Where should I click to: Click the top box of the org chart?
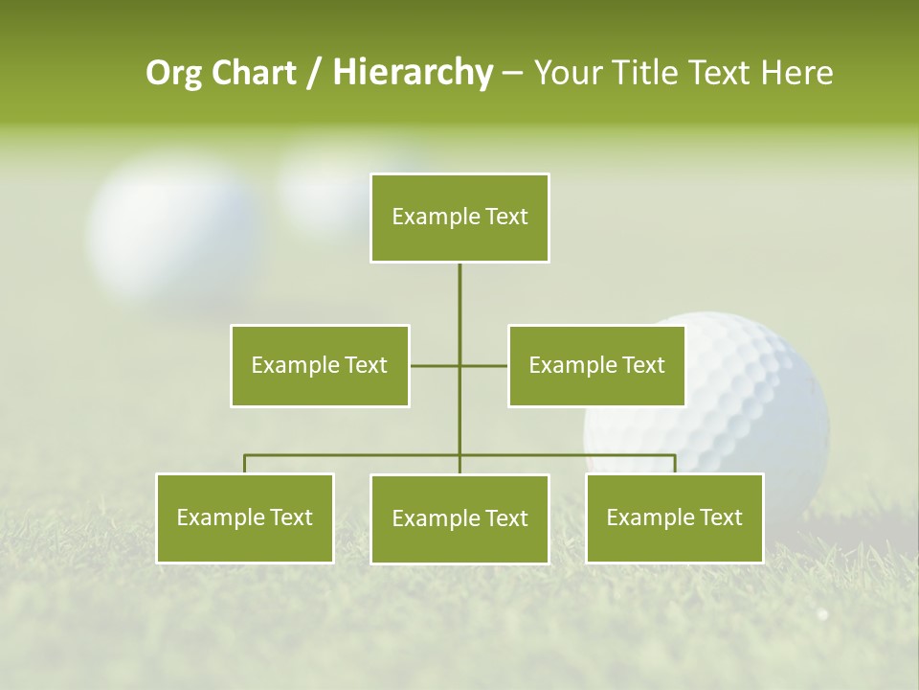pos(459,218)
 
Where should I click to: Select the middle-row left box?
pos(320,365)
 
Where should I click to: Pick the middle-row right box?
pos(596,365)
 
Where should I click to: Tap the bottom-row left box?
pos(245,517)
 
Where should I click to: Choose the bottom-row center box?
pos(459,518)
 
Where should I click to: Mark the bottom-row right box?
pos(674,517)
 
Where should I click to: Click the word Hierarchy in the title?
pos(413,73)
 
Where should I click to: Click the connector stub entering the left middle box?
pos(433,365)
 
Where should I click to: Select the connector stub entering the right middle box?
pos(484,365)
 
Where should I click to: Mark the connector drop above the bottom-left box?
pos(245,464)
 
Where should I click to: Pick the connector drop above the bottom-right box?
pos(675,464)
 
